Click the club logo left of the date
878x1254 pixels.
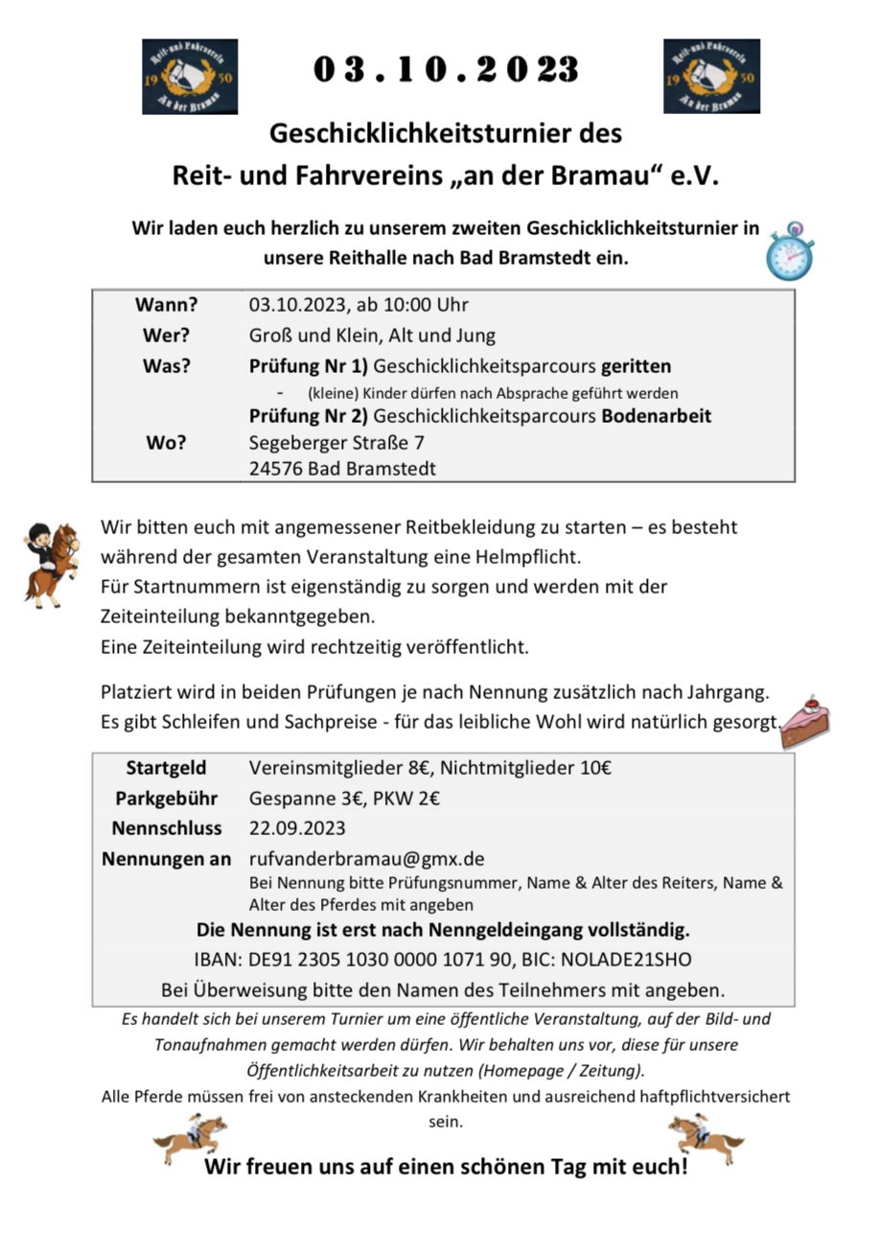190,77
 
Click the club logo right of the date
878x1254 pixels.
711,77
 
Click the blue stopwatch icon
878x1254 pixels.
788,250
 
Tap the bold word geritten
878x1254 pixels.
636,367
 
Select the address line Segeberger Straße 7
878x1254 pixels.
336,443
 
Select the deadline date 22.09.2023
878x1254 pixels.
297,827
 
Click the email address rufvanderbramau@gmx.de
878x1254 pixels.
366,858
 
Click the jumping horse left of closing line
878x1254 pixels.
190,1137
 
